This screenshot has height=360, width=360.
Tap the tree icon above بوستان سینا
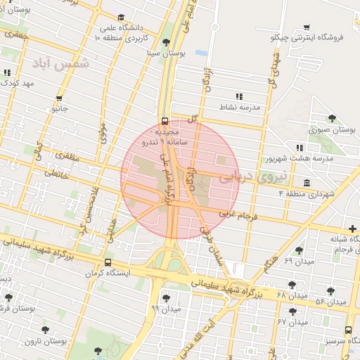point(166,42)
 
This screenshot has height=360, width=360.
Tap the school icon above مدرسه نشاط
point(239,96)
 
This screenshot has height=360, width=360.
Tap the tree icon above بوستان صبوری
point(332,119)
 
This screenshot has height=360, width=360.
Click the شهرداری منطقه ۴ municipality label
point(307,193)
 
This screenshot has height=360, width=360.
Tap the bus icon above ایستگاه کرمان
point(107,262)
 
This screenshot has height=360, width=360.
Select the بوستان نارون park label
point(46,341)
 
